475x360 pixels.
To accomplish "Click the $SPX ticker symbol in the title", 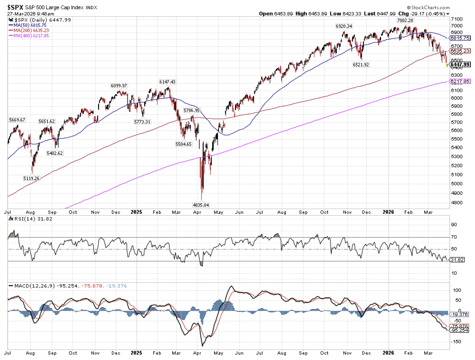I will pyautogui.click(x=15, y=7).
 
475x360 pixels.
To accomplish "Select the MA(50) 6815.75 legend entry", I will pyautogui.click(x=30, y=25).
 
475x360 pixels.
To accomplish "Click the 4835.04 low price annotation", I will pyautogui.click(x=201, y=205).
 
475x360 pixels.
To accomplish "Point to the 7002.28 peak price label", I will pyautogui.click(x=405, y=20).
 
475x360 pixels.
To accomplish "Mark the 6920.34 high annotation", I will pyautogui.click(x=344, y=26).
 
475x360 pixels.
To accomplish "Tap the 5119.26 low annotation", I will pyautogui.click(x=31, y=178).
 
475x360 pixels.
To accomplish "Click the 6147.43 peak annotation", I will pyautogui.click(x=167, y=82).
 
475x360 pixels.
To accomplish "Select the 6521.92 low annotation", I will pyautogui.click(x=361, y=65).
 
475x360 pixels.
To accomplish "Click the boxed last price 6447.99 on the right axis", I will pyautogui.click(x=460, y=65).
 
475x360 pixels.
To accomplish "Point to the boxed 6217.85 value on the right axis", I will pyautogui.click(x=460, y=81).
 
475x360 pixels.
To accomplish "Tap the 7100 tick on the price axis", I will pyautogui.click(x=457, y=19).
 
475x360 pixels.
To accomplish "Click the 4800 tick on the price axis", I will pyautogui.click(x=457, y=203).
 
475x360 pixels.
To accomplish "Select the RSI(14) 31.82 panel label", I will pyautogui.click(x=33, y=219).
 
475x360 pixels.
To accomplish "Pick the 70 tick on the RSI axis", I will pyautogui.click(x=454, y=237).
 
